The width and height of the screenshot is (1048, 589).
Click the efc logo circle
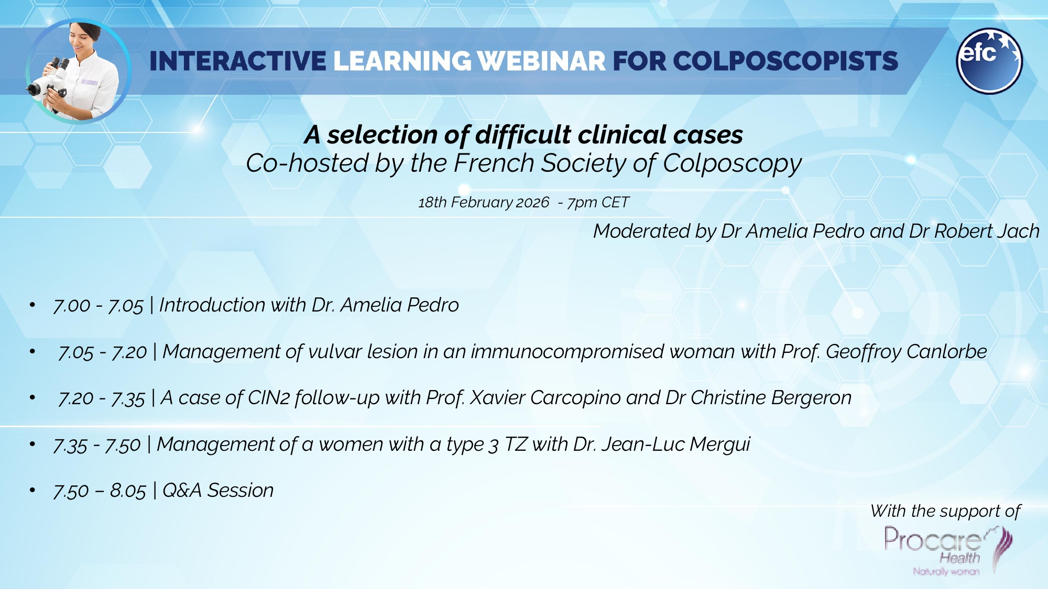click(x=989, y=61)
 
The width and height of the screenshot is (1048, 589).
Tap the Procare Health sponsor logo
click(x=947, y=550)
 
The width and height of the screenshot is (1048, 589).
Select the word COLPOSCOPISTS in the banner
click(x=785, y=61)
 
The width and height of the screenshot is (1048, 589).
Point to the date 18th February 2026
click(x=483, y=202)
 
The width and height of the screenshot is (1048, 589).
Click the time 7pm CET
click(x=598, y=202)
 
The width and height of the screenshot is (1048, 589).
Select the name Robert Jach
click(x=987, y=231)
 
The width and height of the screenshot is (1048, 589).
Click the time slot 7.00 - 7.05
click(x=98, y=305)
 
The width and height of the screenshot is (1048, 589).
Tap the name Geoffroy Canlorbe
click(x=906, y=351)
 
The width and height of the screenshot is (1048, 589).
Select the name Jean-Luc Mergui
click(x=675, y=444)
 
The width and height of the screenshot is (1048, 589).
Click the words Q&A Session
click(x=218, y=491)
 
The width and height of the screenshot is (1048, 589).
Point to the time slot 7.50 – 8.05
click(x=100, y=491)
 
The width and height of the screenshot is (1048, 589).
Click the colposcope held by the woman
click(x=47, y=84)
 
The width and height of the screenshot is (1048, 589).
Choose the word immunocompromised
click(x=567, y=351)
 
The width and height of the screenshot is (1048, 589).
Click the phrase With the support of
click(x=945, y=511)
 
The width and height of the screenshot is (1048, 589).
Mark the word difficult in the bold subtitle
click(x=523, y=135)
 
